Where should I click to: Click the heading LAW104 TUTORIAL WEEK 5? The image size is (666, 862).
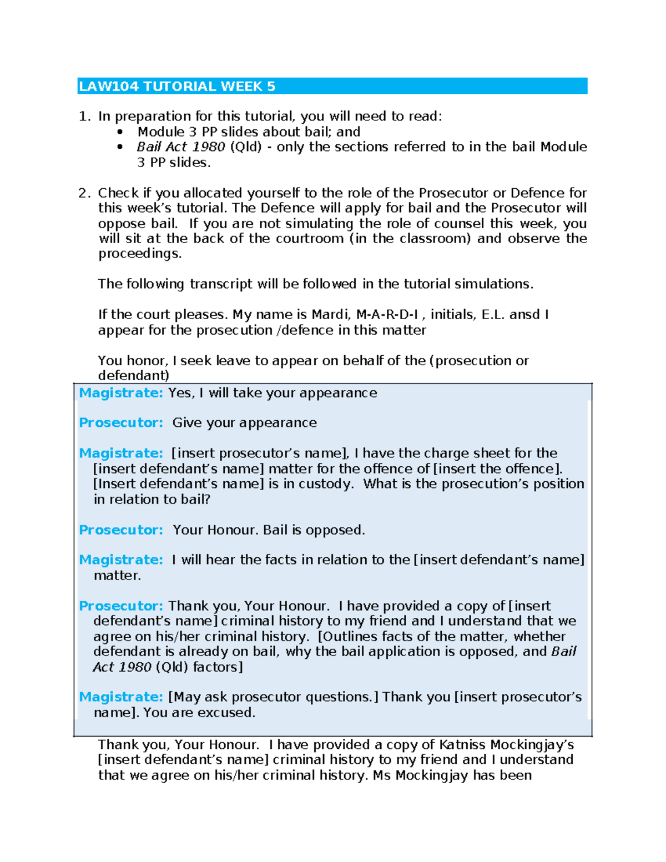click(x=177, y=87)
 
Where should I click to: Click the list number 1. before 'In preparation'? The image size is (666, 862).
click(x=84, y=117)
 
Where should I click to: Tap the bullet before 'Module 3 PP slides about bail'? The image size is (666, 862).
click(x=120, y=132)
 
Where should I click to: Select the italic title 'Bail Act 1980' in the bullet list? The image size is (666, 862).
click(x=180, y=147)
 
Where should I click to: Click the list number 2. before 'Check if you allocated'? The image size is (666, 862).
click(x=84, y=193)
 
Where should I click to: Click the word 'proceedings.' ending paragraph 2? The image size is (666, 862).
click(x=140, y=254)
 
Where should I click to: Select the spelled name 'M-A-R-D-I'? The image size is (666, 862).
click(x=387, y=315)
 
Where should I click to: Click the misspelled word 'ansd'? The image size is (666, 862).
click(x=524, y=315)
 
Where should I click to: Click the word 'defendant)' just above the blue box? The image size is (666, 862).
click(x=134, y=376)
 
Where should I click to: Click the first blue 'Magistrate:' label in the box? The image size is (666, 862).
click(x=120, y=393)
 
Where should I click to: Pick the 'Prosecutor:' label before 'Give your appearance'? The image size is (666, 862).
click(x=120, y=423)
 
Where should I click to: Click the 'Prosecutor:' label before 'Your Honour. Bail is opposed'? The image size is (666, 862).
click(x=120, y=530)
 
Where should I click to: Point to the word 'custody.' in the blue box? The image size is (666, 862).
click(x=326, y=484)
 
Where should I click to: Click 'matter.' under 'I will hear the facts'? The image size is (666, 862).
click(x=117, y=576)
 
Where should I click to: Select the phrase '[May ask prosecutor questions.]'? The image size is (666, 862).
click(x=273, y=697)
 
